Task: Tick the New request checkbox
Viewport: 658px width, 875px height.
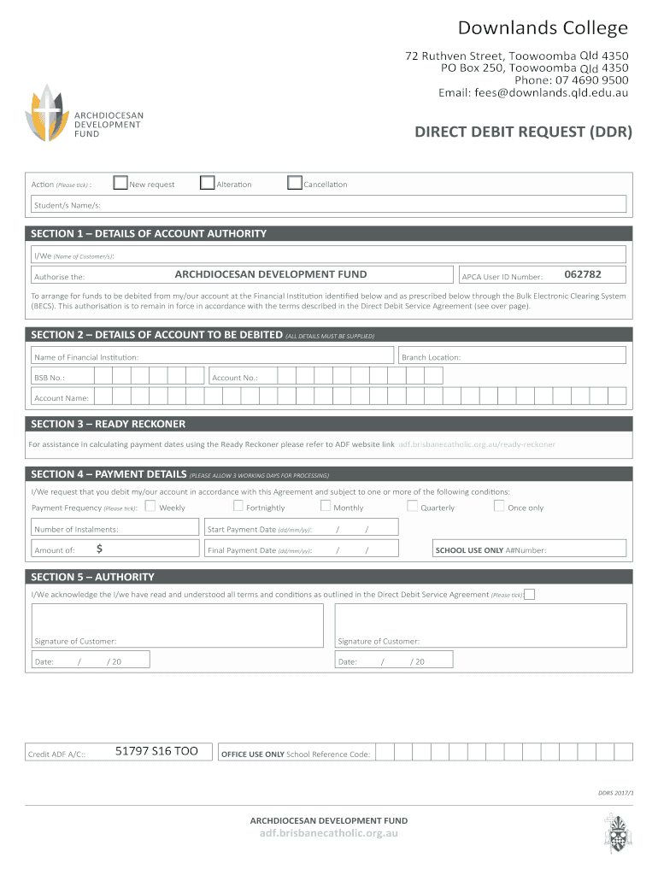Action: [x=120, y=183]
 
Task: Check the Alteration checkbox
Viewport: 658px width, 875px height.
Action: [x=207, y=183]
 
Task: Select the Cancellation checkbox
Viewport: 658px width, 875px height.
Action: [x=295, y=183]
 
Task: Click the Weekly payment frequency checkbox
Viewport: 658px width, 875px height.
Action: [x=150, y=506]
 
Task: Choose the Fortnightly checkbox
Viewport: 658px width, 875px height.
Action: [x=238, y=506]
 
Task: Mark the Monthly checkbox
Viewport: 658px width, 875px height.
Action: [x=326, y=506]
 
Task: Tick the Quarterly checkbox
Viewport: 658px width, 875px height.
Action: [x=412, y=506]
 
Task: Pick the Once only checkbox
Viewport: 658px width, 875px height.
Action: [x=499, y=506]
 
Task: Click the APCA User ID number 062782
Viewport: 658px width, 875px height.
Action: [x=583, y=274]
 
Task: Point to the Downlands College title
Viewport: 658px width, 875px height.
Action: [x=543, y=28]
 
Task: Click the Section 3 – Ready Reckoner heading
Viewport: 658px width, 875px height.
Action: [x=109, y=424]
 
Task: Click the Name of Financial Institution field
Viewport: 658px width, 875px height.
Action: [x=214, y=356]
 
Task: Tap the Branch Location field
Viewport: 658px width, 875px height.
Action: [x=513, y=356]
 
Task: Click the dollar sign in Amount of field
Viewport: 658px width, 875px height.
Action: [x=100, y=549]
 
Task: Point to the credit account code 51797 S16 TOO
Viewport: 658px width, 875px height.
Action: [x=156, y=751]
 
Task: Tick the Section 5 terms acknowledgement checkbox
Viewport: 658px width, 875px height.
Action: [x=530, y=594]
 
